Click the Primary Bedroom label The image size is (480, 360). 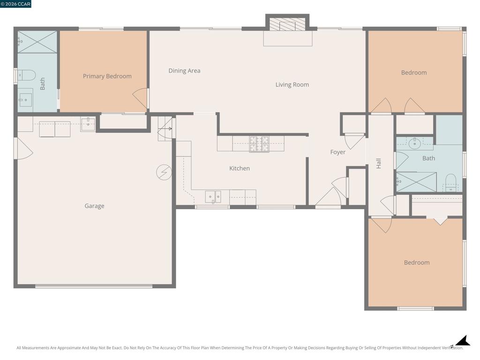tap(107, 76)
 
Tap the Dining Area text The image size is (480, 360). tap(184, 71)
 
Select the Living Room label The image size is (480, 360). tap(292, 85)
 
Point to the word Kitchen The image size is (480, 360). tap(240, 168)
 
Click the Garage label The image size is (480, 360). tap(94, 206)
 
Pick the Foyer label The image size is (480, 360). tap(337, 152)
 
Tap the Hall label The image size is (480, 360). tap(379, 164)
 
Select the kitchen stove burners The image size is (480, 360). tap(259, 144)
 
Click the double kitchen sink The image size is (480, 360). tap(213, 197)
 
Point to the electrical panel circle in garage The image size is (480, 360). tap(164, 172)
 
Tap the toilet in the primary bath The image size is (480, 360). tap(26, 75)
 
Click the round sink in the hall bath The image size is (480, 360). tap(414, 143)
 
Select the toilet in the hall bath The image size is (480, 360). tap(450, 182)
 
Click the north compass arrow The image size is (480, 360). tap(461, 341)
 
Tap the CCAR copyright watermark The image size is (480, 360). tap(15, 4)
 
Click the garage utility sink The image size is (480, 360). tap(88, 124)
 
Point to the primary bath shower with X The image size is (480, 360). tap(37, 42)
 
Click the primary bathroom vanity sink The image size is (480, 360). tap(25, 100)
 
